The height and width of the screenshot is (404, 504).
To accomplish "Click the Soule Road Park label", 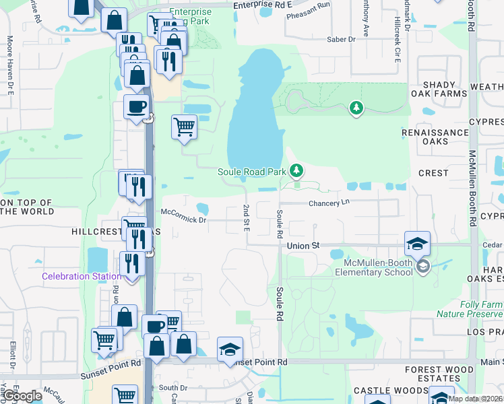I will pos(252,172).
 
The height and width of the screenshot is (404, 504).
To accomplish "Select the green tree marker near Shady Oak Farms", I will pos(356,107).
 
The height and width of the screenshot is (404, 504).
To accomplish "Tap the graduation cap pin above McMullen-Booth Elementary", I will pos(417,244).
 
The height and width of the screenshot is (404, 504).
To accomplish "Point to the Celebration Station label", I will pos(75,276).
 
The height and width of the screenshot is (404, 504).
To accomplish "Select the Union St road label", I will pos(303,246).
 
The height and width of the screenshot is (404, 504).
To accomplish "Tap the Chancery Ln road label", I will pos(330,203).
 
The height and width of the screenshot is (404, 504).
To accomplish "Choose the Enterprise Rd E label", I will pos(263,5).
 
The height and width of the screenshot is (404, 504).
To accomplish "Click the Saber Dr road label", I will pos(341,40).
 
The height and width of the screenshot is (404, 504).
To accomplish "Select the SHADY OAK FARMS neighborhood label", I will pos(444,89).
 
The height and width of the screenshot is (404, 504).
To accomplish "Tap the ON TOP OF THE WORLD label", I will pos(26,207).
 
